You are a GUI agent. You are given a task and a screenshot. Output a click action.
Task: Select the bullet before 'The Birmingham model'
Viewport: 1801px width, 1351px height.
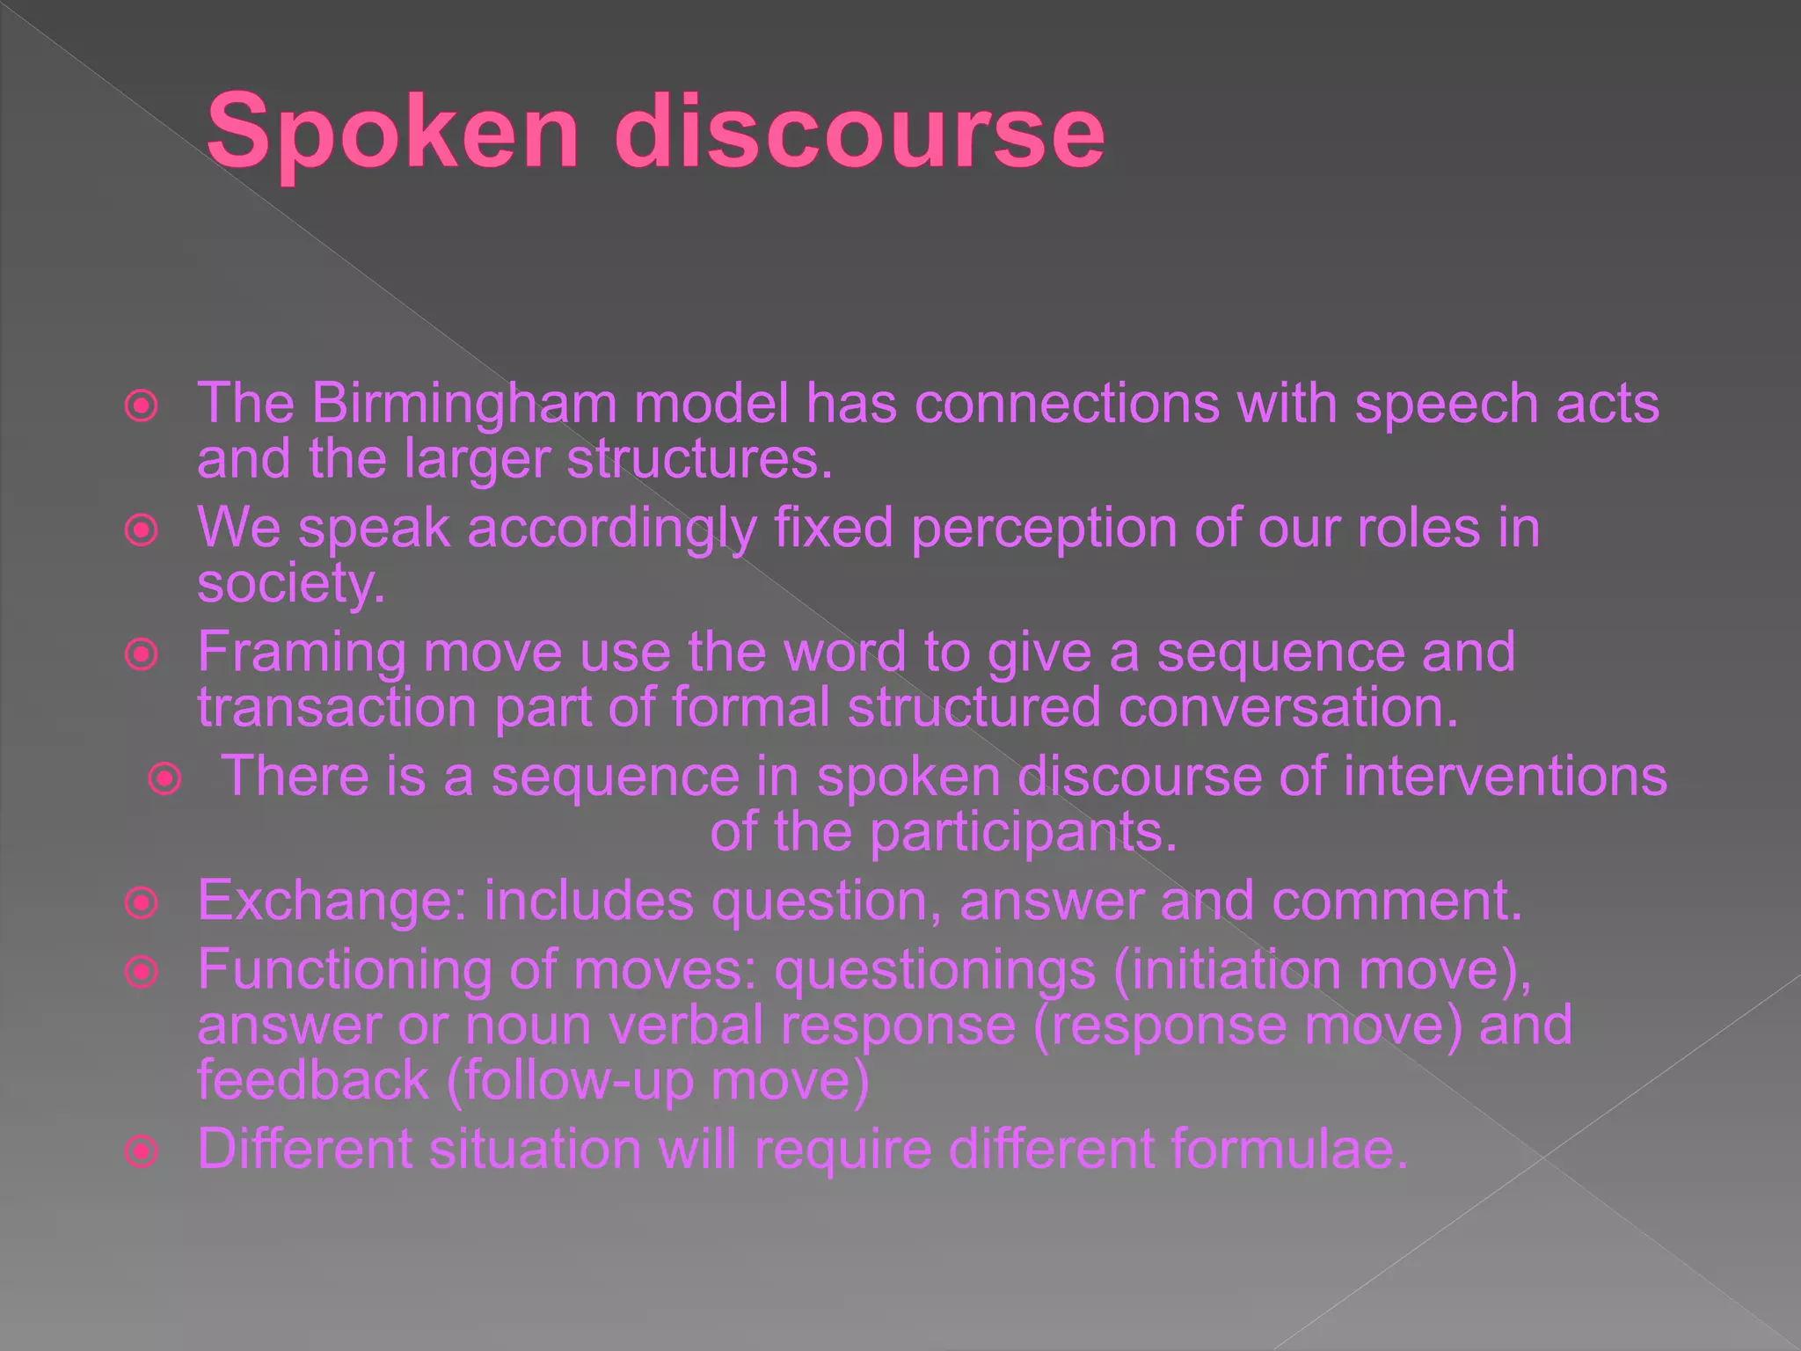(142, 406)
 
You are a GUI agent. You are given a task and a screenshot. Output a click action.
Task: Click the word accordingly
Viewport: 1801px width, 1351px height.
(611, 529)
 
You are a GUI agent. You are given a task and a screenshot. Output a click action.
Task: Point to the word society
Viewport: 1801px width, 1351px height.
(290, 583)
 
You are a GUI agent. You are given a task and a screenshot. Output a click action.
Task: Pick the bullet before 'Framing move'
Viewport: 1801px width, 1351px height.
(142, 654)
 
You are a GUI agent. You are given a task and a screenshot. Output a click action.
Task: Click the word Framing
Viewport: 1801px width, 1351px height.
(302, 653)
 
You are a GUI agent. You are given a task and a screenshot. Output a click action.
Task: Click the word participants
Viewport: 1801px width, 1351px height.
(1023, 832)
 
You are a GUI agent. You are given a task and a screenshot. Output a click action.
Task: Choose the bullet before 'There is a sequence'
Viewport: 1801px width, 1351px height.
(164, 778)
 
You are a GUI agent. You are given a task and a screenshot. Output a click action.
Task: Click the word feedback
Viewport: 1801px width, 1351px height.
(312, 1080)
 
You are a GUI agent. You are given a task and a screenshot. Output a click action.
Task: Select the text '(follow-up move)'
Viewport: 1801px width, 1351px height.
(659, 1080)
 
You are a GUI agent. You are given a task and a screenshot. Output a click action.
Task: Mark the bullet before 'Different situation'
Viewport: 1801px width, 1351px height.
(142, 1151)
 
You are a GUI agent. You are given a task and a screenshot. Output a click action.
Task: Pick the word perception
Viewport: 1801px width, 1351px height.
(1043, 529)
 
